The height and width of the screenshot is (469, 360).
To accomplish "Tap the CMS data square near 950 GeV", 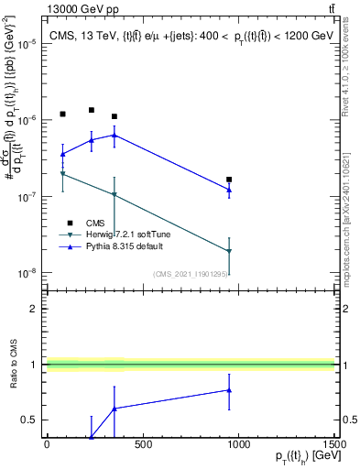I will point(229,180).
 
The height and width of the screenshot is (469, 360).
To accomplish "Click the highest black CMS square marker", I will point(92,110).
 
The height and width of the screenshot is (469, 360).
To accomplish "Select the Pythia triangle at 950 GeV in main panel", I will point(229,190).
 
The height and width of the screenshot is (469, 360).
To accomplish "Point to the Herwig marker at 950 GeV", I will point(229,251).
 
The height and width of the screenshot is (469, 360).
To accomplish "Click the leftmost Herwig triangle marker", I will point(62,173).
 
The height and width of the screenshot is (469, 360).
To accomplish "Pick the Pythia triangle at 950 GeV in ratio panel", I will point(229,390).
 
